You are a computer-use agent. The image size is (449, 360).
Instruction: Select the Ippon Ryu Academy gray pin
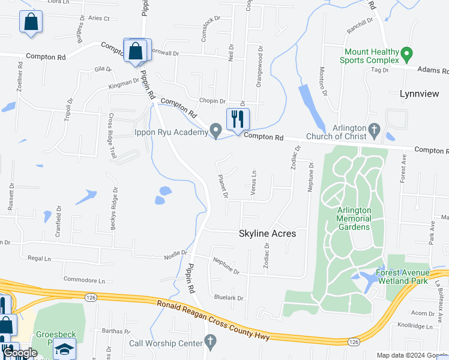pyautogui.click(x=216, y=131)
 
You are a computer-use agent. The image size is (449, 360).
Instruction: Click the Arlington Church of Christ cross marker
pyautogui.click(x=374, y=129)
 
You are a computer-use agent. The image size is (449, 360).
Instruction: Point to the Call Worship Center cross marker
pyautogui.click(x=210, y=343)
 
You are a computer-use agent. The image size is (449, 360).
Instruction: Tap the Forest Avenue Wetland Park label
pyautogui.click(x=410, y=277)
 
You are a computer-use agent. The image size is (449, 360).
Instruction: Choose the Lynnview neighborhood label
pyautogui.click(x=419, y=94)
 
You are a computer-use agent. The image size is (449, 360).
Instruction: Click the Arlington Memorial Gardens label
pyautogui.click(x=354, y=219)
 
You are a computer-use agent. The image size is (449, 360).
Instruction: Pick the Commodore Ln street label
pyautogui.click(x=84, y=280)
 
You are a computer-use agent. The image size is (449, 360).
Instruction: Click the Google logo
pyautogui.click(x=20, y=353)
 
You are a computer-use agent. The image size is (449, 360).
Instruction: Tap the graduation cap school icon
pyautogui.click(x=64, y=349)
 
